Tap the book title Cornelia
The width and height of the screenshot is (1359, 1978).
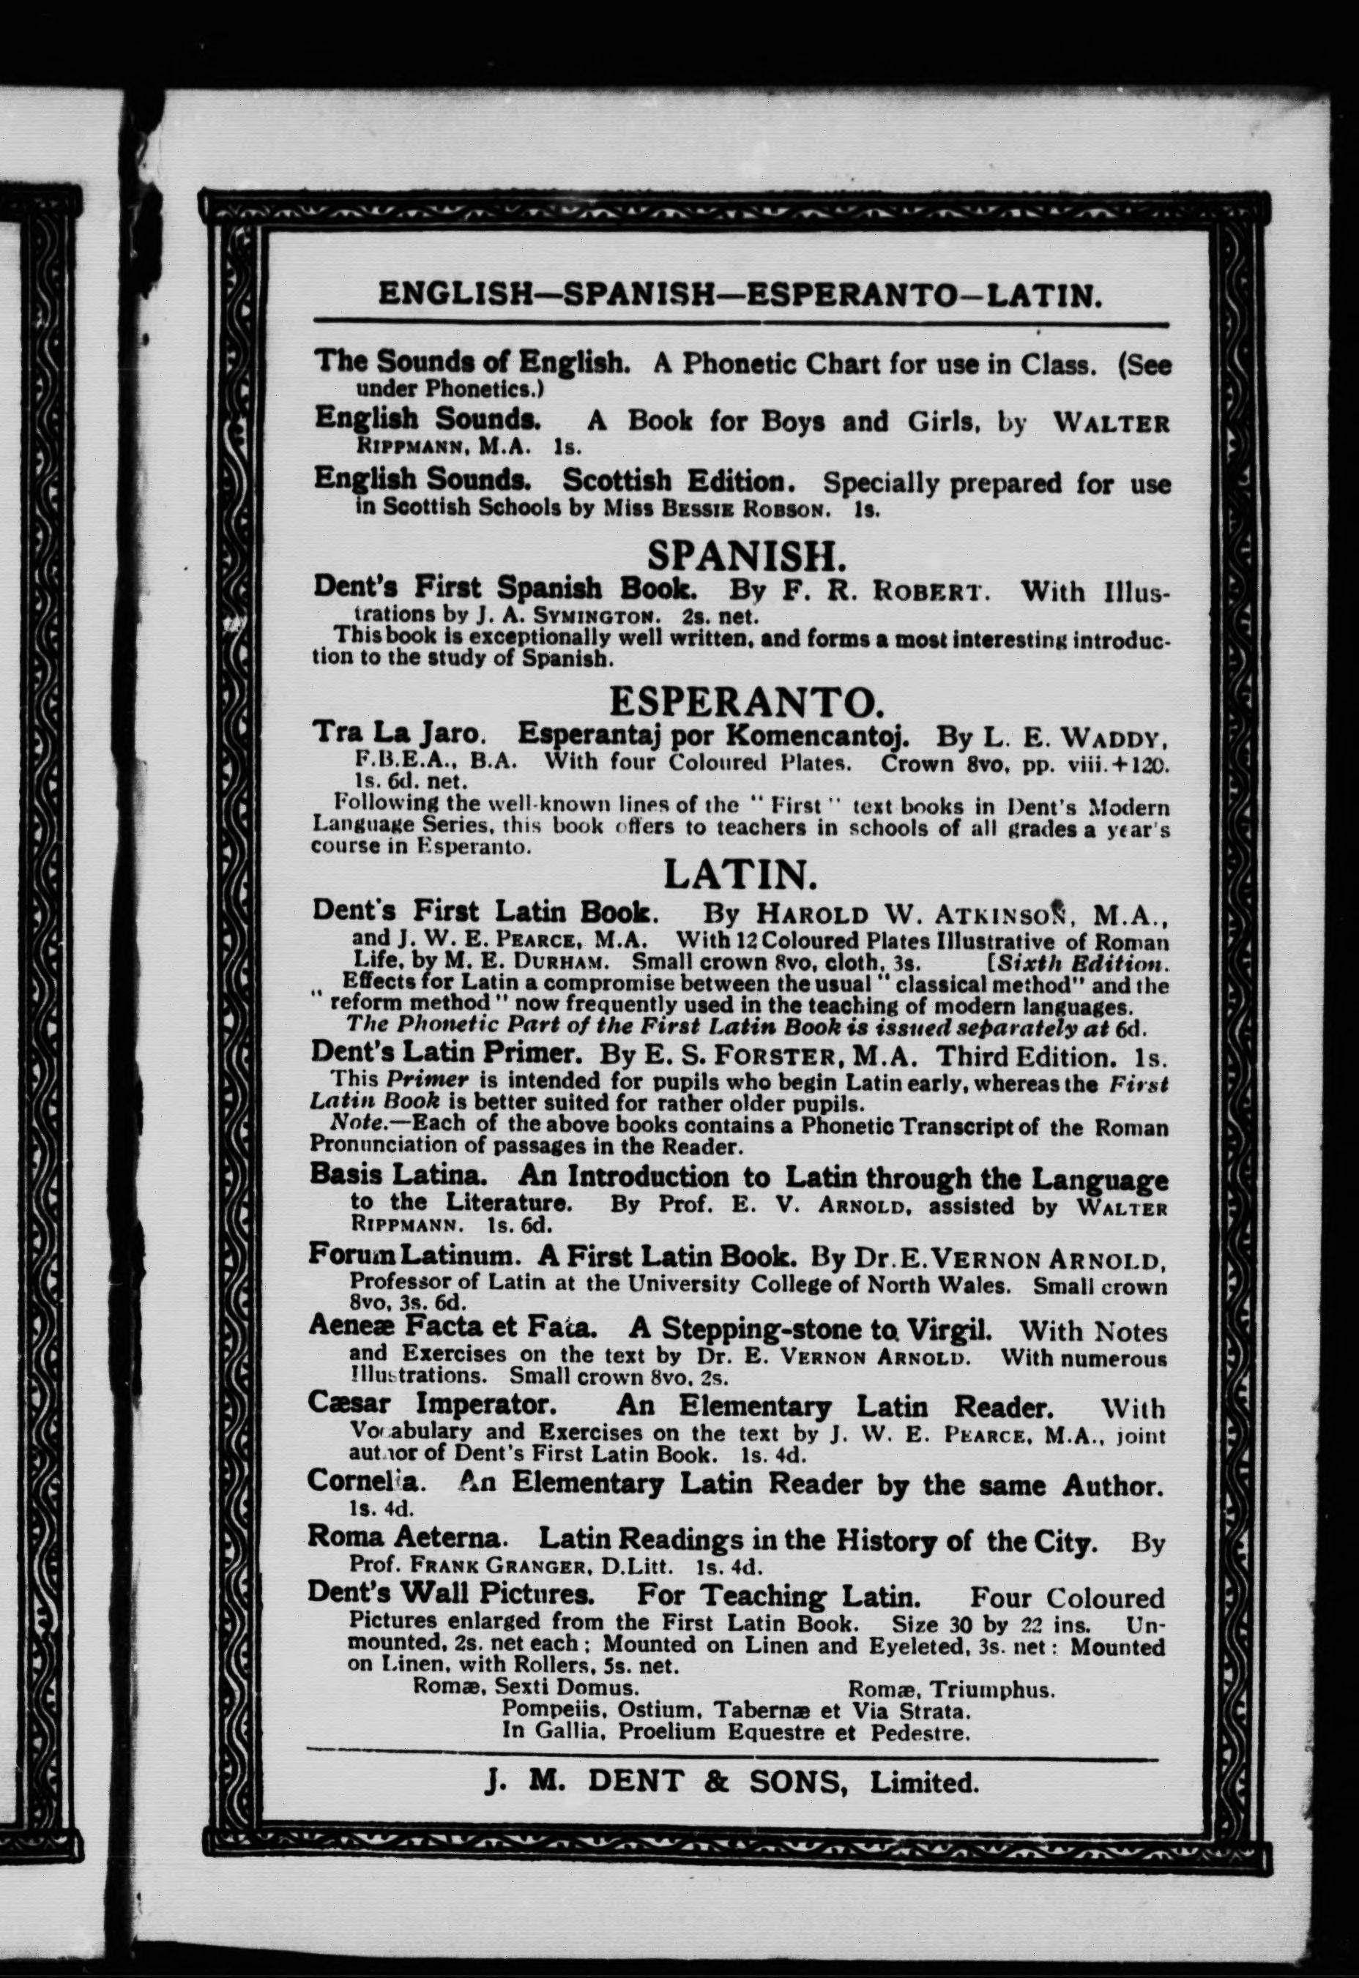[362, 1481]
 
